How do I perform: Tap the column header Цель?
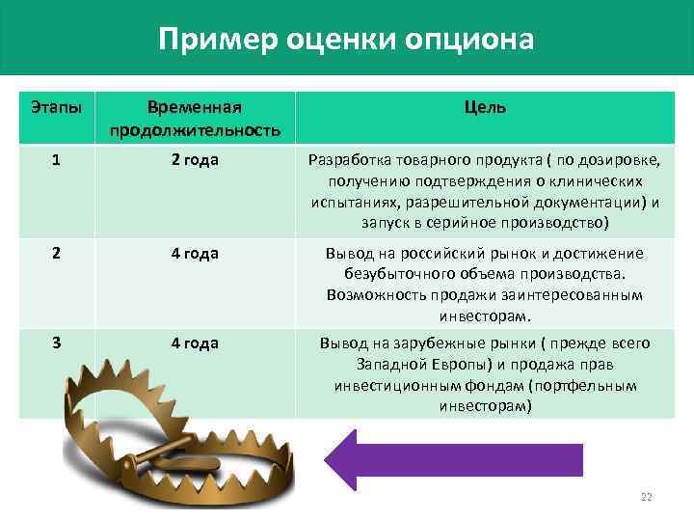click(484, 108)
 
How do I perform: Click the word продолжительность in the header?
click(195, 130)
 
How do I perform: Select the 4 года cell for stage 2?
click(195, 253)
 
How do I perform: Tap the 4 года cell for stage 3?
click(195, 343)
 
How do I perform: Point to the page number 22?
click(646, 497)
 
